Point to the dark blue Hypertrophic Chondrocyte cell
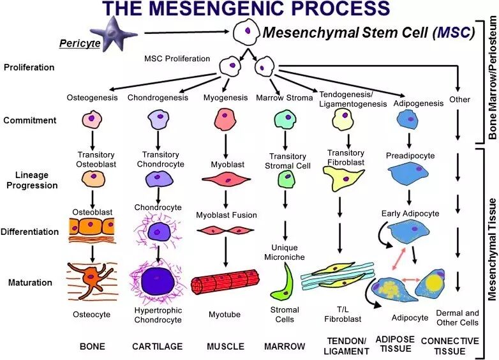click(158, 281)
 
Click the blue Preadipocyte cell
click(409, 174)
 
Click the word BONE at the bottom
click(93, 347)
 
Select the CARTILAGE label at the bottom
click(157, 347)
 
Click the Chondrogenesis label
click(158, 98)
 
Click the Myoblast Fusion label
click(227, 215)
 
